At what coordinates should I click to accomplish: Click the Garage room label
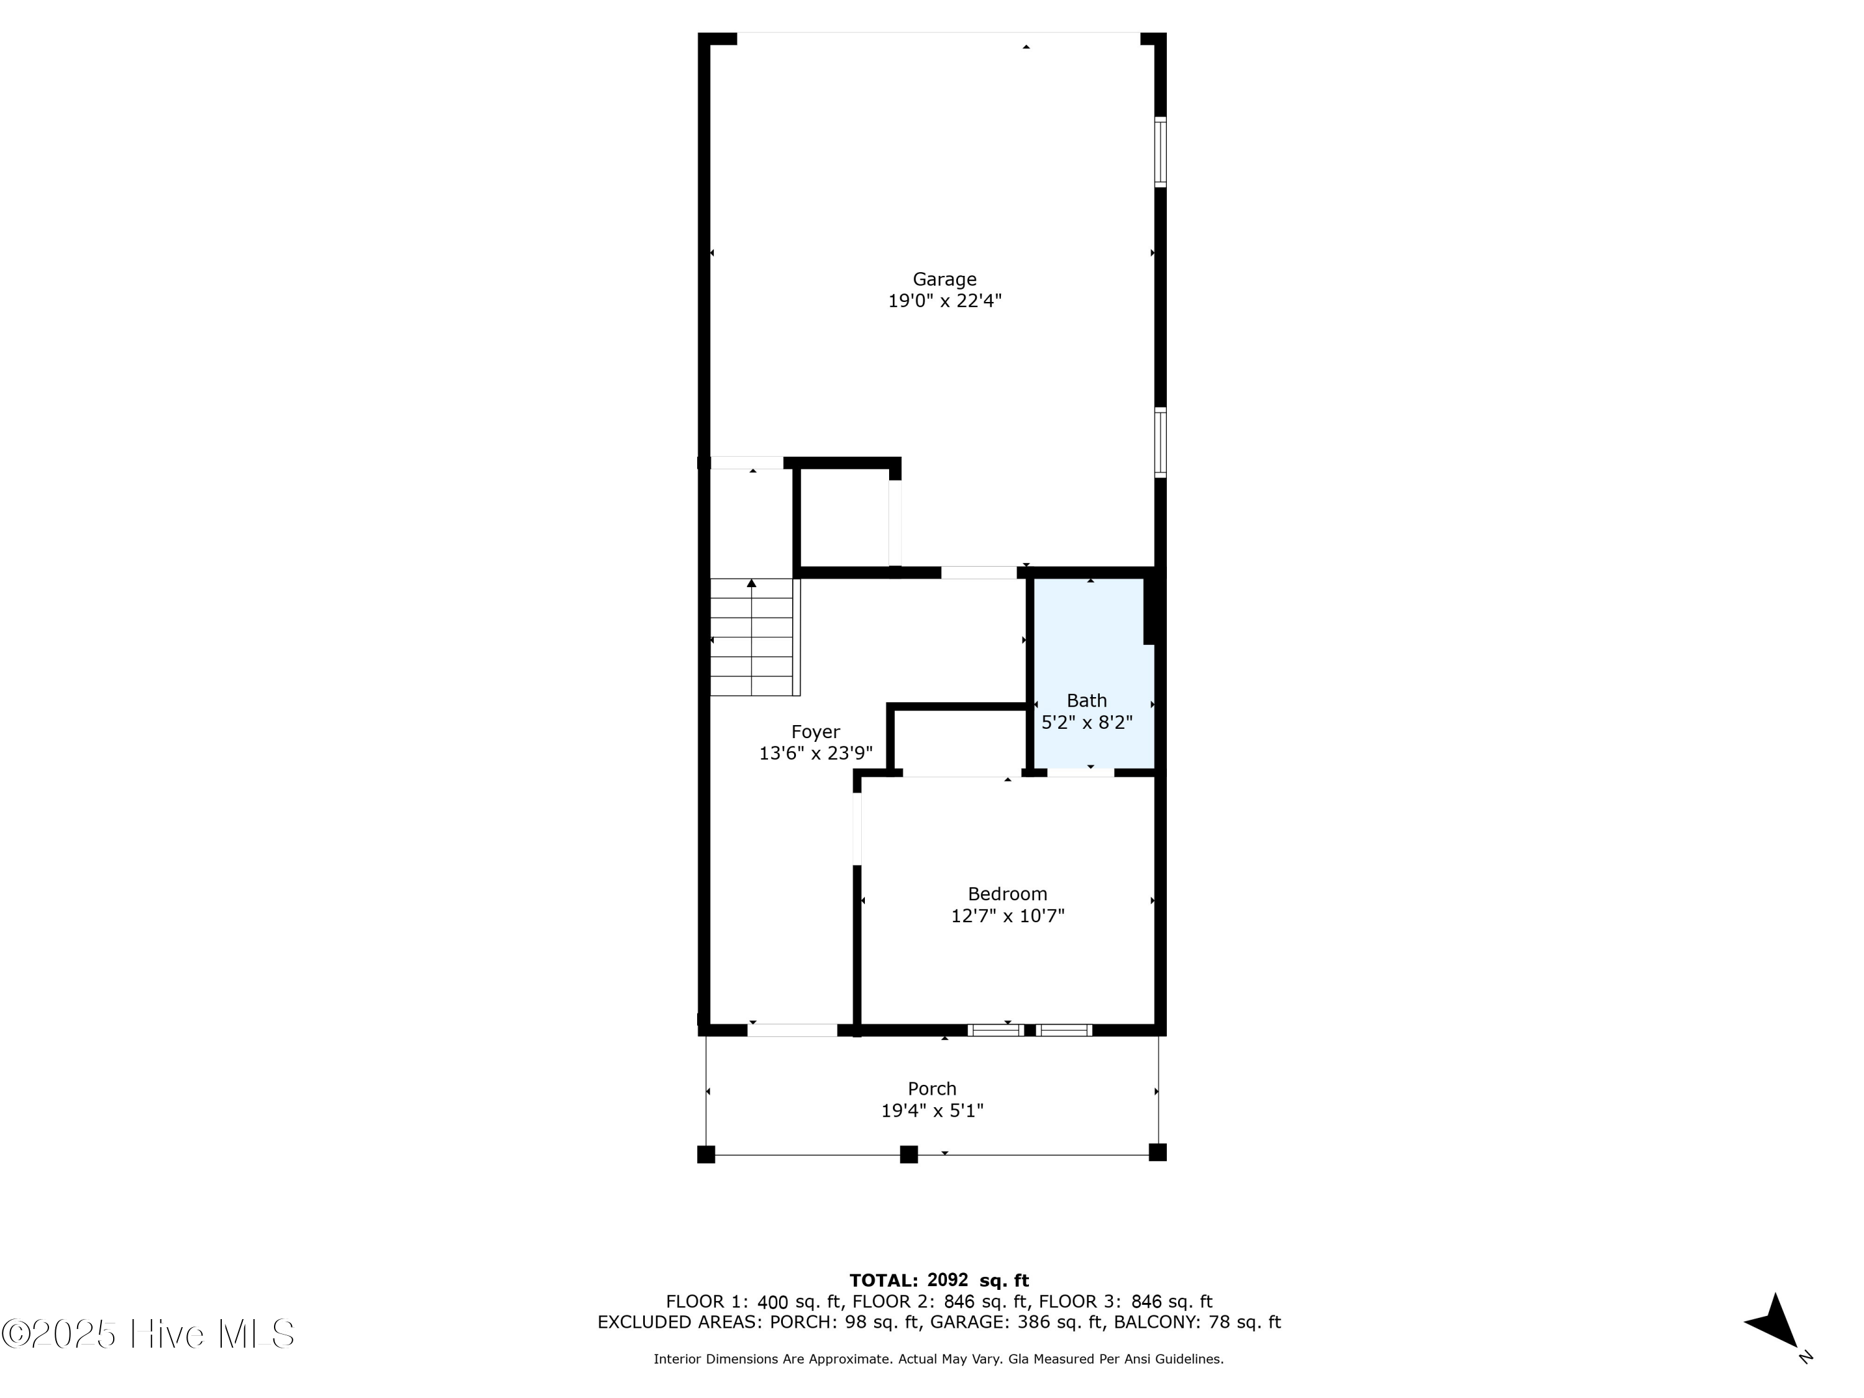pos(944,279)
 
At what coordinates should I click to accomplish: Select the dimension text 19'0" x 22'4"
pos(944,301)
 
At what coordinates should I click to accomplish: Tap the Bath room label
pos(1086,700)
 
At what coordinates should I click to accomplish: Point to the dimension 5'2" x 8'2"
pos(1086,722)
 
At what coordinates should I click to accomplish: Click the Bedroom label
pos(1007,894)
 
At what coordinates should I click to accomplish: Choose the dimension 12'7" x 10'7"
pos(1007,916)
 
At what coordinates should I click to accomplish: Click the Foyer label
pos(815,731)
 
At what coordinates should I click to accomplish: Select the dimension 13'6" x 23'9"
pos(815,753)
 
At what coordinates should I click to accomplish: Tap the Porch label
pos(932,1089)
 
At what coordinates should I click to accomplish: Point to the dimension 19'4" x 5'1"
pos(932,1111)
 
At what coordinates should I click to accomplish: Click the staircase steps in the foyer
pos(752,637)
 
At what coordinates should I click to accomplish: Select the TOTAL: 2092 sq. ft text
pos(939,1281)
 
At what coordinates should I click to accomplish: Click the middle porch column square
pos(908,1154)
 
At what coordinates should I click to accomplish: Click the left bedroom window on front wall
pos(995,1030)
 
